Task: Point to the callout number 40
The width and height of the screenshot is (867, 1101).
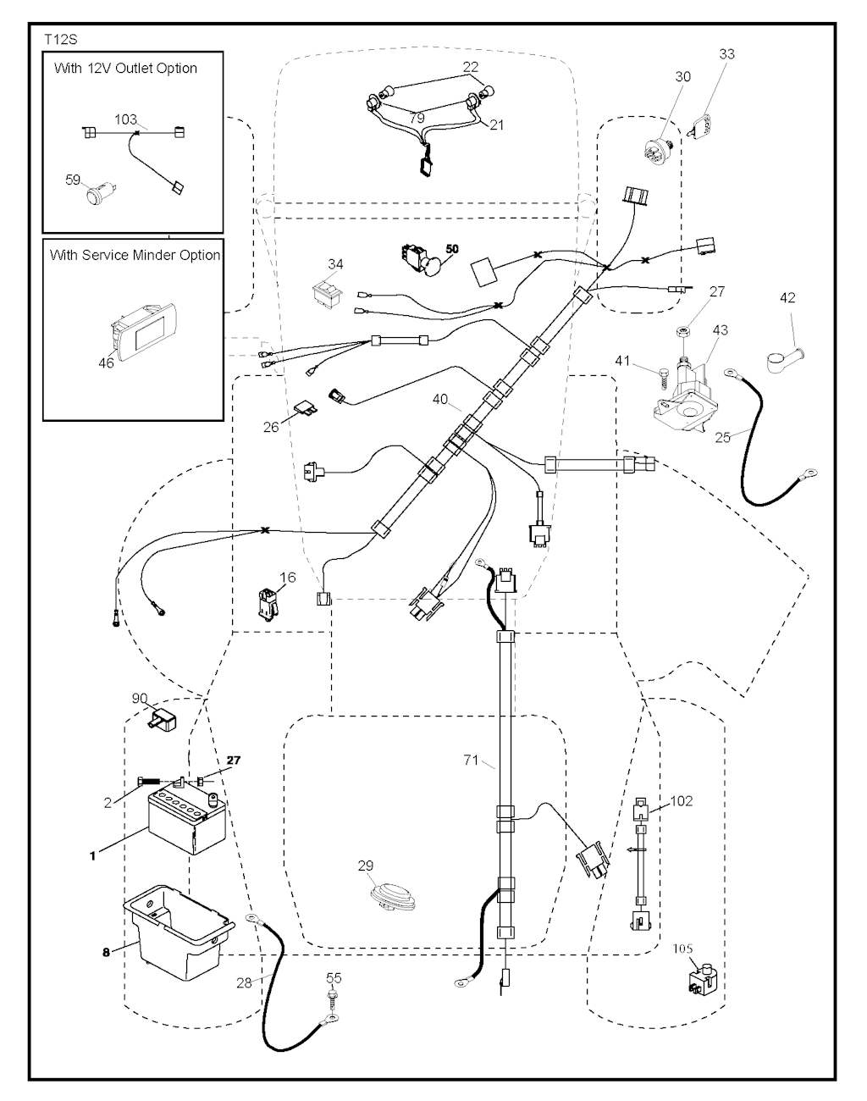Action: click(440, 399)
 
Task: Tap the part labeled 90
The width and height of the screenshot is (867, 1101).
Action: click(162, 724)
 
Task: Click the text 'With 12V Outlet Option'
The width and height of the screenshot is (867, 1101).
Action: click(125, 69)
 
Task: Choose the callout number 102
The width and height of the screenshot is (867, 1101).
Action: click(682, 800)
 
